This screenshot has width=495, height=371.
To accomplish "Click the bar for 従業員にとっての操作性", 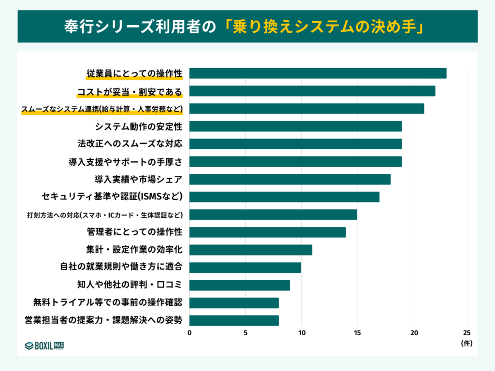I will [318, 73].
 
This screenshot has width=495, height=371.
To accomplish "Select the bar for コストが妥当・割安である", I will [312, 91].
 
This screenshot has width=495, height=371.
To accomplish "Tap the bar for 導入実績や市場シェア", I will [290, 179].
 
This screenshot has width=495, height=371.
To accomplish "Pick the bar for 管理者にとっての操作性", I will [267, 232].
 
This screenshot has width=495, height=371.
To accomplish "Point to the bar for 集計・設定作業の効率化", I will [250, 250].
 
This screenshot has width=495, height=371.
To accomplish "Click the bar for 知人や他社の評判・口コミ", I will [239, 285].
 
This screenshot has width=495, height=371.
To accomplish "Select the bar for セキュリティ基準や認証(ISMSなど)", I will [284, 197].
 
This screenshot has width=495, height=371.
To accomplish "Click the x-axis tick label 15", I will [357, 333].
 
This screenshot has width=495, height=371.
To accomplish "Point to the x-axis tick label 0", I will [189, 333].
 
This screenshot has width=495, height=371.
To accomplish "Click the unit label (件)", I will [466, 343].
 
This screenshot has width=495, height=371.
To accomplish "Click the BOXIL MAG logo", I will [44, 345].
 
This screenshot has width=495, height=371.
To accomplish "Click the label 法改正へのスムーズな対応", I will [130, 144].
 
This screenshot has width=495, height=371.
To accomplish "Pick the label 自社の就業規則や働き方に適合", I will [121, 267].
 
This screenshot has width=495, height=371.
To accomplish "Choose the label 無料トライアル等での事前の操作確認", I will [108, 302].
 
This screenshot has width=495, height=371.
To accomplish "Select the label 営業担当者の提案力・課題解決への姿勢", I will [103, 320].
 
